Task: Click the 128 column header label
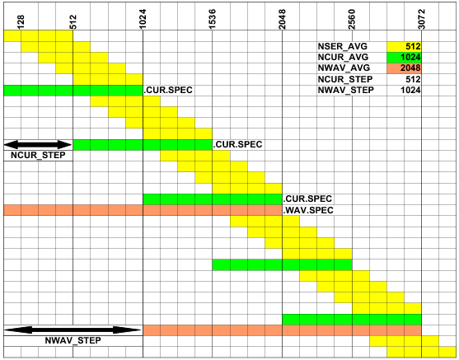coord(21,22)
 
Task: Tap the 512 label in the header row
coord(73,22)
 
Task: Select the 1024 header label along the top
coord(143,19)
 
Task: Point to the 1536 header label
coord(213,19)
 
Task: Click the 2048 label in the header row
coord(282,19)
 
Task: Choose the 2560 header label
coord(352,19)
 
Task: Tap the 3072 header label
coord(421,19)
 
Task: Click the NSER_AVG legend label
coord(343,46)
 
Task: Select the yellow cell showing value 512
coord(404,46)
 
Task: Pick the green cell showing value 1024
coord(404,58)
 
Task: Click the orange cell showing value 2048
coord(404,68)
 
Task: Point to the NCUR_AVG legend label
coord(343,58)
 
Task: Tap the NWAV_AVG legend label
coord(344,68)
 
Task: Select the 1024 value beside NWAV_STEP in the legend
coord(410,90)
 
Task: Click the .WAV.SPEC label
coord(308,210)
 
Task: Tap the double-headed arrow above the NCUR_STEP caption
coord(38,145)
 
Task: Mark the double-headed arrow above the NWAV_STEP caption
coord(73,330)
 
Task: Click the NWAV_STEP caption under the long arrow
coord(73,341)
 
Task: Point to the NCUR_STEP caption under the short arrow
coord(38,156)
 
